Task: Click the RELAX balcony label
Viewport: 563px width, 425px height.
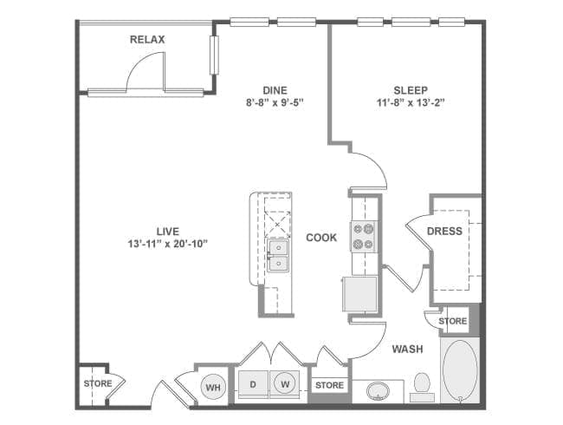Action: point(147,40)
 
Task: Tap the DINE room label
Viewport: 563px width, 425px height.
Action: point(275,90)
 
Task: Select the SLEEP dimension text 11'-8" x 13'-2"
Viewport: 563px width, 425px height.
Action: point(411,103)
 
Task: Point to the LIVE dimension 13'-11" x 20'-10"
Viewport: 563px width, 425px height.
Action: point(168,244)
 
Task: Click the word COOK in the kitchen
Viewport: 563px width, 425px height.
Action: point(321,238)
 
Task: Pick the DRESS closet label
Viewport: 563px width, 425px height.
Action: point(444,232)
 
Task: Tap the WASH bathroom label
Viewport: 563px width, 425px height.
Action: point(407,350)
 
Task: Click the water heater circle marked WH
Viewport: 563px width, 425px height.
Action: point(213,387)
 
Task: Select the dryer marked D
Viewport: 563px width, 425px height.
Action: point(253,384)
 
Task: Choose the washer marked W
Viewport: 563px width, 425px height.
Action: point(285,384)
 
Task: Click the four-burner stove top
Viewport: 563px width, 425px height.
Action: point(363,236)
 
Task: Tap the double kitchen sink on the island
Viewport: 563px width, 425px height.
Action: point(278,256)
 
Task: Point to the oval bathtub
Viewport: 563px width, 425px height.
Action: point(460,369)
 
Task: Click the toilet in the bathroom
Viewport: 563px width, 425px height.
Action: point(423,387)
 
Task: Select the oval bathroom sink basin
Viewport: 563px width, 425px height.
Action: point(378,391)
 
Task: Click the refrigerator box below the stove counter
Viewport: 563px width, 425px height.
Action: point(360,294)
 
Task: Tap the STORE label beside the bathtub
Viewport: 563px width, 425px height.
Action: point(453,321)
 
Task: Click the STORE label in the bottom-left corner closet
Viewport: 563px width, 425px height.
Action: point(98,383)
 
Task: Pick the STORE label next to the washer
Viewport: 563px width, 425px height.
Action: point(329,385)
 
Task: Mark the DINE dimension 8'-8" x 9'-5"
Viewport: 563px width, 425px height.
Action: point(275,103)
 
